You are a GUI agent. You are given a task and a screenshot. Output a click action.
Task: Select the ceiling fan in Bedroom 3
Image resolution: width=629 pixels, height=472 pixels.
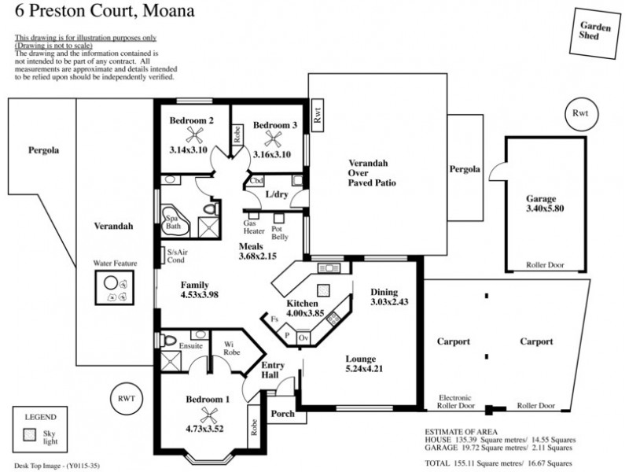[274, 137]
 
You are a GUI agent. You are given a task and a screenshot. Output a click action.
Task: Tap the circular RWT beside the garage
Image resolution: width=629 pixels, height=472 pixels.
[581, 115]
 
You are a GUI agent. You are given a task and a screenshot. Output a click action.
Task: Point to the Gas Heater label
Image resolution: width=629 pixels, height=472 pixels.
[254, 227]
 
